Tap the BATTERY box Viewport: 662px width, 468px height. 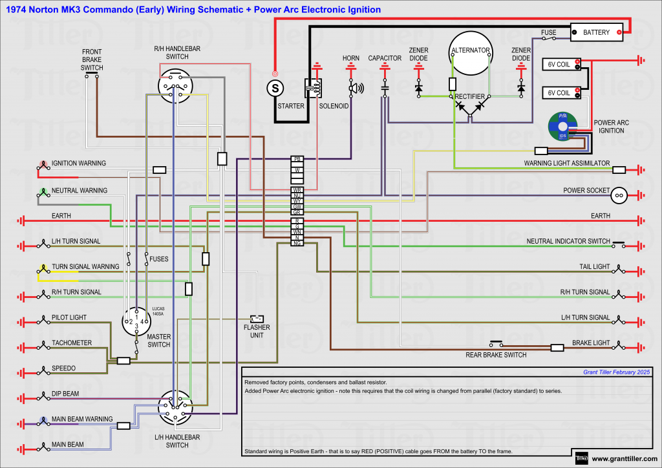(x=596, y=32)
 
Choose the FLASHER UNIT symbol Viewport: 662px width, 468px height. (x=257, y=319)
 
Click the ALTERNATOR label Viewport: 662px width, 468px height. (x=471, y=50)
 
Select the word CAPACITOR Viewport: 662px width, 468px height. (x=385, y=58)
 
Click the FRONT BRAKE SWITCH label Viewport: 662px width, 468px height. (x=92, y=59)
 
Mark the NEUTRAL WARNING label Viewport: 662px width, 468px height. (x=80, y=191)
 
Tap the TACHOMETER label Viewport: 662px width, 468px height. (x=72, y=343)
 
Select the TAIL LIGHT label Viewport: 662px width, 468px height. (x=594, y=266)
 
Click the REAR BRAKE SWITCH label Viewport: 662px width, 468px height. (x=496, y=355)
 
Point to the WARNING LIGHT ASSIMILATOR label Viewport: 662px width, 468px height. (x=567, y=164)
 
